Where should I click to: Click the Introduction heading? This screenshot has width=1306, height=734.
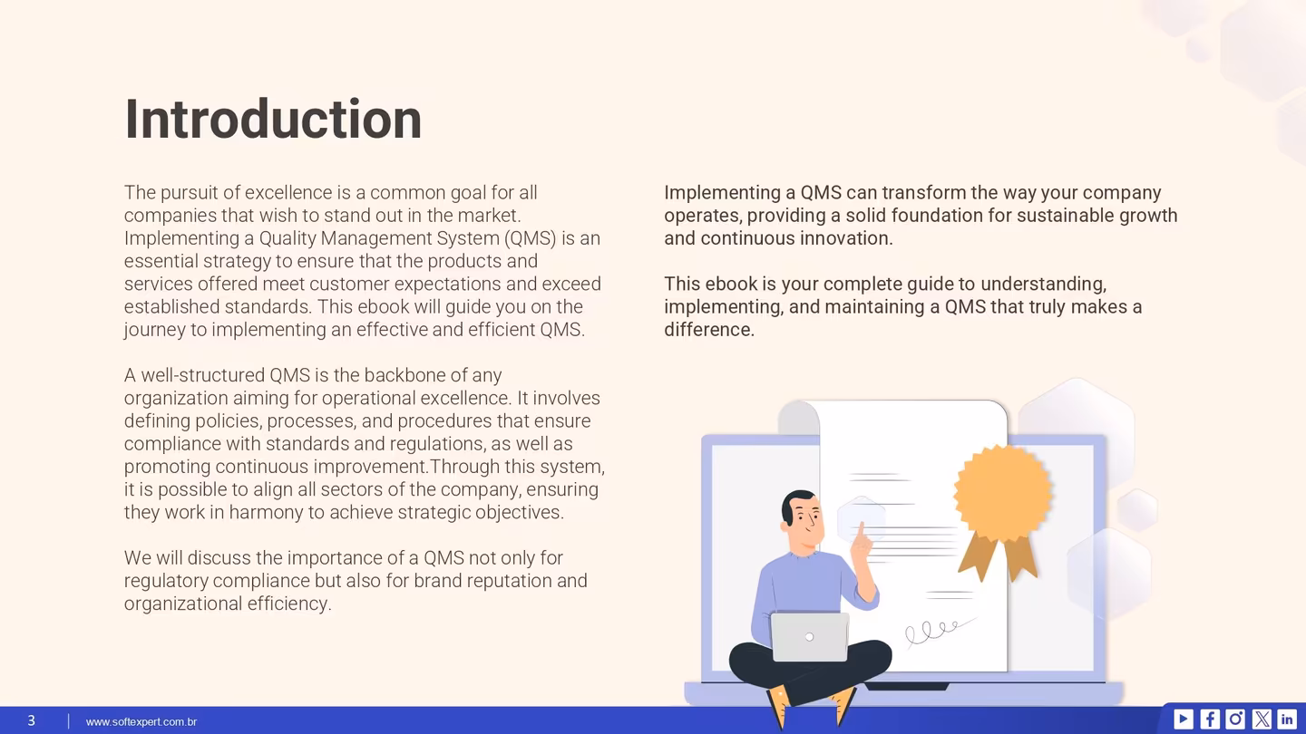pyautogui.click(x=273, y=120)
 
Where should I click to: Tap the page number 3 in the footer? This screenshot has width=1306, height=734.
pyautogui.click(x=31, y=720)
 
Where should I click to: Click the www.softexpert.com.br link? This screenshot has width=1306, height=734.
pyautogui.click(x=141, y=721)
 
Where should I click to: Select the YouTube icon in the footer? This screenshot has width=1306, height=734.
pyautogui.click(x=1184, y=719)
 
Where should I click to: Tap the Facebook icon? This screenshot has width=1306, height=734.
pyautogui.click(x=1210, y=719)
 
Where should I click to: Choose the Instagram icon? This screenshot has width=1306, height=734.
pyautogui.click(x=1235, y=719)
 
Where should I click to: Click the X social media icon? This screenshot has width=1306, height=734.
pyautogui.click(x=1262, y=719)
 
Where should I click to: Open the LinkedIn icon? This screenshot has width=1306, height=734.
pyautogui.click(x=1287, y=719)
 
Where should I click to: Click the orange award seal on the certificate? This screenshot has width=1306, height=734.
pyautogui.click(x=1002, y=494)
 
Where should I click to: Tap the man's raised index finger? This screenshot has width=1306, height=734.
pyautogui.click(x=859, y=535)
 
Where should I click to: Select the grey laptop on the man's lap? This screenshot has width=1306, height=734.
pyautogui.click(x=809, y=636)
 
